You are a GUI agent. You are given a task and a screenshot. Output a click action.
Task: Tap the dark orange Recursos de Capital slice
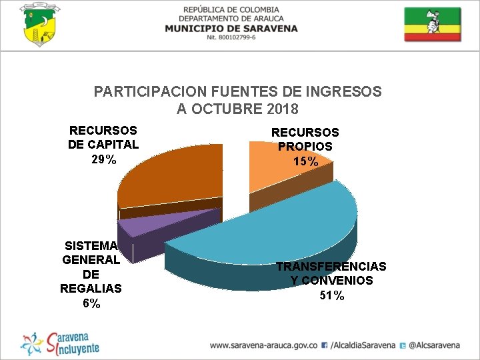[170, 177]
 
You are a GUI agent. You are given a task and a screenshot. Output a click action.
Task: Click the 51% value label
[331, 296]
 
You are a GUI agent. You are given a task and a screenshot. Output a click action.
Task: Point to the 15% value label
[305, 161]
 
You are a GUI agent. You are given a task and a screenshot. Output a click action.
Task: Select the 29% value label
[103, 159]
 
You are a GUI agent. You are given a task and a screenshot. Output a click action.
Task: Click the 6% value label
[91, 304]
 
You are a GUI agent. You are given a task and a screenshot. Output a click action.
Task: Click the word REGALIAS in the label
[91, 289]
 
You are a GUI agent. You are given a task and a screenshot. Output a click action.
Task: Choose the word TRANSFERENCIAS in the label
[331, 267]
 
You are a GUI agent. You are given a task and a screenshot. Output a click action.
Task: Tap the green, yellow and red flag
[432, 25]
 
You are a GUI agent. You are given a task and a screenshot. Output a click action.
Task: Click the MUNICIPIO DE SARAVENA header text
[231, 29]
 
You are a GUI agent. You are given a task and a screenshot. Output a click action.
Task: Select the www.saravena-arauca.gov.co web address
[263, 346]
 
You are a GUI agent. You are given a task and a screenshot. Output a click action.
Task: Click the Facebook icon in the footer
[324, 346]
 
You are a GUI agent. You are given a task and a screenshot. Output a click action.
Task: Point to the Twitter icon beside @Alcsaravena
[403, 346]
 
